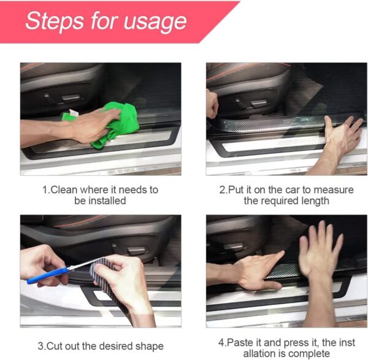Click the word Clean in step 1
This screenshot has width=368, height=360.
coord(64,190)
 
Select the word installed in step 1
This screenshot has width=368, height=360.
coord(105,201)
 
